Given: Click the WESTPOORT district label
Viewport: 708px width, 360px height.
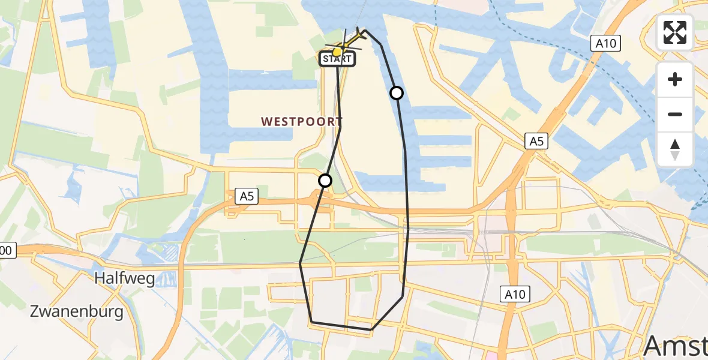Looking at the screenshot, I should coord(292,121).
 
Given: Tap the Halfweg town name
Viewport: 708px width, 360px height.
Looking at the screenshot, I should coord(125,278).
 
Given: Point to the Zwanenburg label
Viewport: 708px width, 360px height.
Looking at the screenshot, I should coord(77,311).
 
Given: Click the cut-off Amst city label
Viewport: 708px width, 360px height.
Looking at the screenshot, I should coord(675,346).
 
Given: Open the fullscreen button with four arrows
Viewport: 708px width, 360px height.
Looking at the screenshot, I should coord(675,32).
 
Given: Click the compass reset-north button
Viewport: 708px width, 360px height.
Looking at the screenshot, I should coord(675,149).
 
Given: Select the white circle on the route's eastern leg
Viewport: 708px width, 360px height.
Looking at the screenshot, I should coord(397,92).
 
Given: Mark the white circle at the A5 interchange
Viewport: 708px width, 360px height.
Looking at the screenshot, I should coord(325,180).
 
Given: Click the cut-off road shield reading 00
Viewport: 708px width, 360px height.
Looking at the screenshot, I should coord(6,251).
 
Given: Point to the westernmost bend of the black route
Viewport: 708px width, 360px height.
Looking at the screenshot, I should coord(300,263).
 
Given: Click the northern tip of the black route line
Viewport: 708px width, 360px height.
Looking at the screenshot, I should coord(365,30).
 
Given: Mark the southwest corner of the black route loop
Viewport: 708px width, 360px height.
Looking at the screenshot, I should coord(311,322).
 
